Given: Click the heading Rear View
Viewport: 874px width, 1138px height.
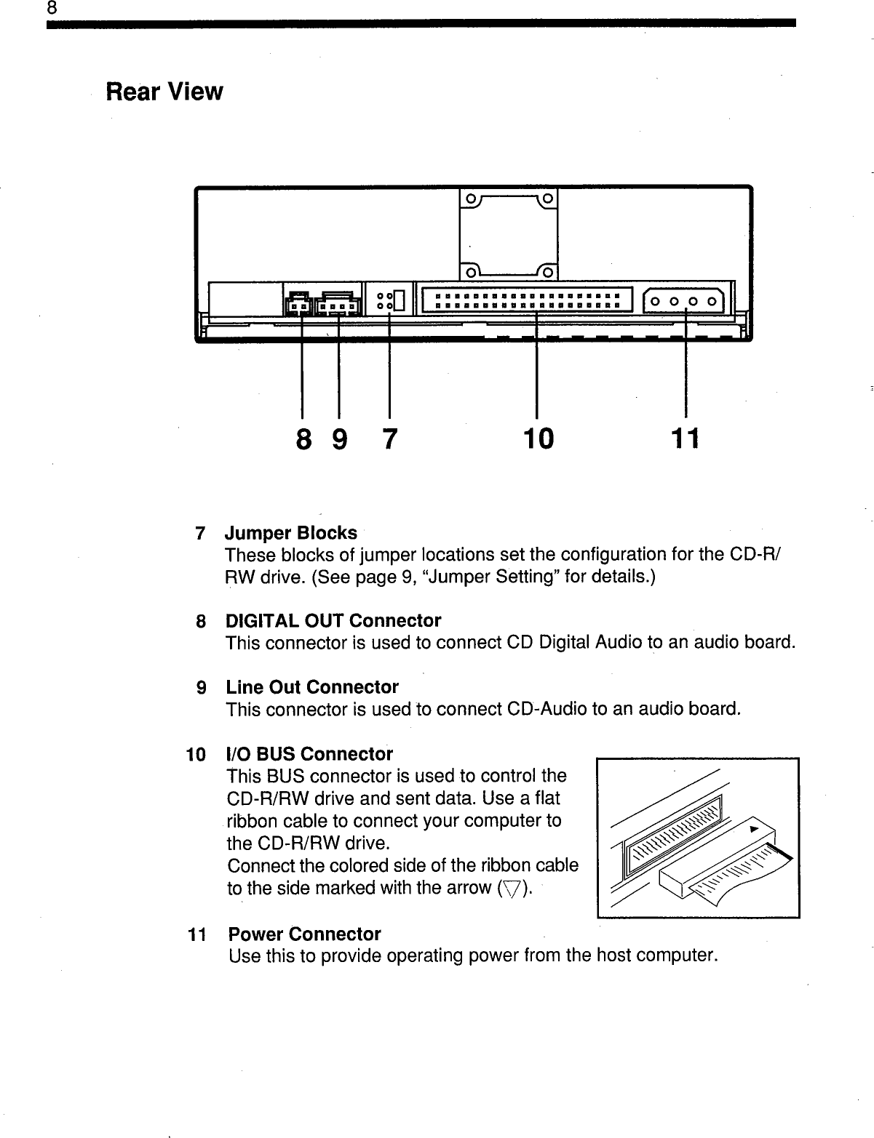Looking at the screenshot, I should (x=164, y=92).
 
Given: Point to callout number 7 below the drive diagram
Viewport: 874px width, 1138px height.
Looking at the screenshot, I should (x=390, y=438).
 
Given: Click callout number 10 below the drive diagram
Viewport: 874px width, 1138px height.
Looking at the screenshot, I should (x=538, y=438).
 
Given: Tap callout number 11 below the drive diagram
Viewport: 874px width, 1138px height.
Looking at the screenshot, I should (x=685, y=438).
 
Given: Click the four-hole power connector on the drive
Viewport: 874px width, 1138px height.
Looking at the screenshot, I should (x=684, y=301).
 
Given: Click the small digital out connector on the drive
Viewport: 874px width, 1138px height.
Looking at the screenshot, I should (x=298, y=305).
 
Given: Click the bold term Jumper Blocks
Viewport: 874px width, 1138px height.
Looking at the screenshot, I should (x=291, y=533).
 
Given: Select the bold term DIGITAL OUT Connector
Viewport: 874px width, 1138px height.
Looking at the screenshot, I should (x=333, y=621).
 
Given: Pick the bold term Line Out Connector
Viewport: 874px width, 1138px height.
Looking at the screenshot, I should (x=312, y=687).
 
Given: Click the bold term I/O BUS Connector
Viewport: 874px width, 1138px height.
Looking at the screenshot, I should (x=309, y=753).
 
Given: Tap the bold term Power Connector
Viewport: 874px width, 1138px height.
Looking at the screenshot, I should (x=304, y=934).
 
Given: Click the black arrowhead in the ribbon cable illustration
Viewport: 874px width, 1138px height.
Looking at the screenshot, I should (x=755, y=829).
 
